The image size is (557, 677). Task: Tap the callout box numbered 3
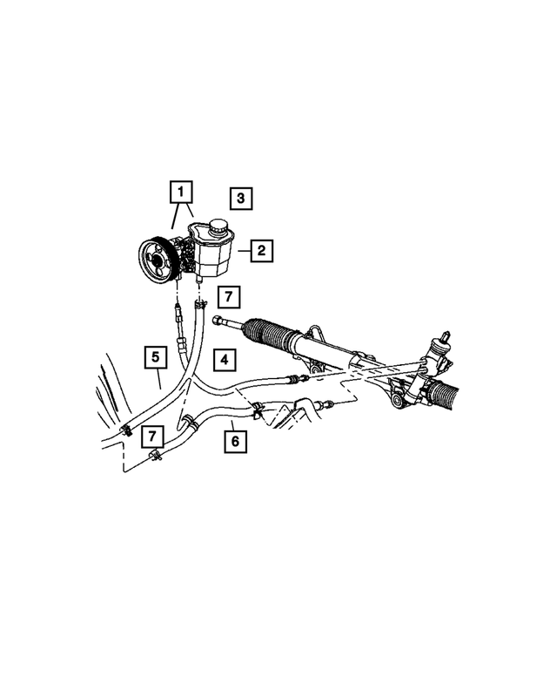click(x=240, y=198)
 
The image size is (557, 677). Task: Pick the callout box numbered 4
click(x=224, y=358)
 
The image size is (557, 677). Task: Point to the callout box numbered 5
click(x=154, y=356)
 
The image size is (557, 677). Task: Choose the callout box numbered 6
click(x=234, y=441)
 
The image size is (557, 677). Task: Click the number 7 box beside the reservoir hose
click(x=227, y=298)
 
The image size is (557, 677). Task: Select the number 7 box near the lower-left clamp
click(x=153, y=434)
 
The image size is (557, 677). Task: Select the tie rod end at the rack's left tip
click(x=218, y=323)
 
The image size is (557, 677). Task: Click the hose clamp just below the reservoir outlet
click(x=198, y=304)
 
